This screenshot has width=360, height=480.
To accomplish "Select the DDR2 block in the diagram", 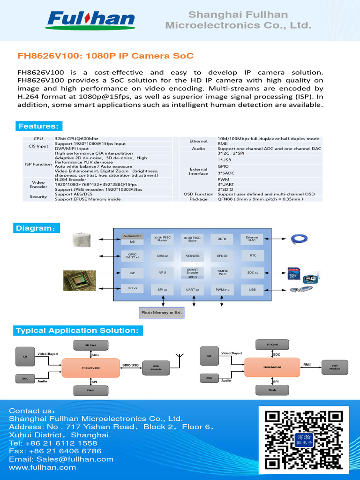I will (x=222, y=239).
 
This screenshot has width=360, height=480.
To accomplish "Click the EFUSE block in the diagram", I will (x=222, y=256).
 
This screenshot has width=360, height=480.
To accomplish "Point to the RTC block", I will (x=252, y=256).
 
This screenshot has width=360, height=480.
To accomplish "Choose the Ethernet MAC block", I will (x=252, y=239).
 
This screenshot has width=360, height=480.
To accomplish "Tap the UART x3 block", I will (x=193, y=290).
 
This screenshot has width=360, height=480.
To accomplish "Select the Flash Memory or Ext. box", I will (x=161, y=312).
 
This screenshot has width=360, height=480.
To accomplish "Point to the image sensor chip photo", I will (x=80, y=280).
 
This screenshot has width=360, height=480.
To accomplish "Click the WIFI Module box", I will (x=156, y=367).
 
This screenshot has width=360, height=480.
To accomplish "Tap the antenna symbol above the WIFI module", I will (x=179, y=359).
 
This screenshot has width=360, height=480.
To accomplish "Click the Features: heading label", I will (x=38, y=127).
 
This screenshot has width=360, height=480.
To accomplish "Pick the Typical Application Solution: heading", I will (x=78, y=331).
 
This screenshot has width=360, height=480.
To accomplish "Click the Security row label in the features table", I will (x=38, y=197).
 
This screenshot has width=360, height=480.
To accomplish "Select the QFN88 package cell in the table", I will (x=260, y=199).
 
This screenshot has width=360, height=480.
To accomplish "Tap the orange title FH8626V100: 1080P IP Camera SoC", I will (x=105, y=56).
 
